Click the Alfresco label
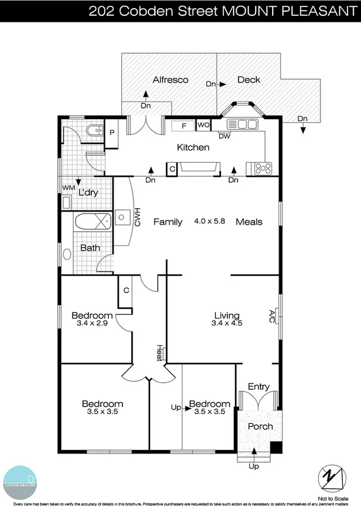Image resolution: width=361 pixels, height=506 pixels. [170, 80]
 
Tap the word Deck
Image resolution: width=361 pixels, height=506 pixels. [249, 80]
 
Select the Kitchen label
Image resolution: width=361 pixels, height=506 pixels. [193, 147]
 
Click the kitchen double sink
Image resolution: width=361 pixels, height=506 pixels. [243, 124]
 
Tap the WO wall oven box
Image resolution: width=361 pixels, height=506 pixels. [203, 125]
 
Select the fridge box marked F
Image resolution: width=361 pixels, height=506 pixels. [184, 125]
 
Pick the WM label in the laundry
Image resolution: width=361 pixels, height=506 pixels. [69, 188]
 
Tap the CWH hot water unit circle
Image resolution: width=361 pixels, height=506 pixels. [122, 217]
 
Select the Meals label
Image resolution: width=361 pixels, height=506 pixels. [249, 222]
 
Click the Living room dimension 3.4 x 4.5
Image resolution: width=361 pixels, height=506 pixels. [227, 323]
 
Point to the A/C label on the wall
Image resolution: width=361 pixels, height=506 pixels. [272, 316]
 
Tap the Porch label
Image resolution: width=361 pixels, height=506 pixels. [260, 426]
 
